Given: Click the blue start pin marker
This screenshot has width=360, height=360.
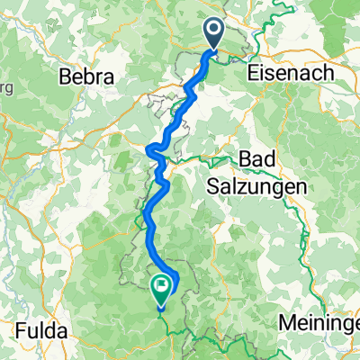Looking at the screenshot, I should coord(214,34).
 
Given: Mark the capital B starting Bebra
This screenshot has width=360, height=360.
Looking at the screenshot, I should coord(64,78).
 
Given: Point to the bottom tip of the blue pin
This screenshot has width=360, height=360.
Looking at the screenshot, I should coord(214,51).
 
